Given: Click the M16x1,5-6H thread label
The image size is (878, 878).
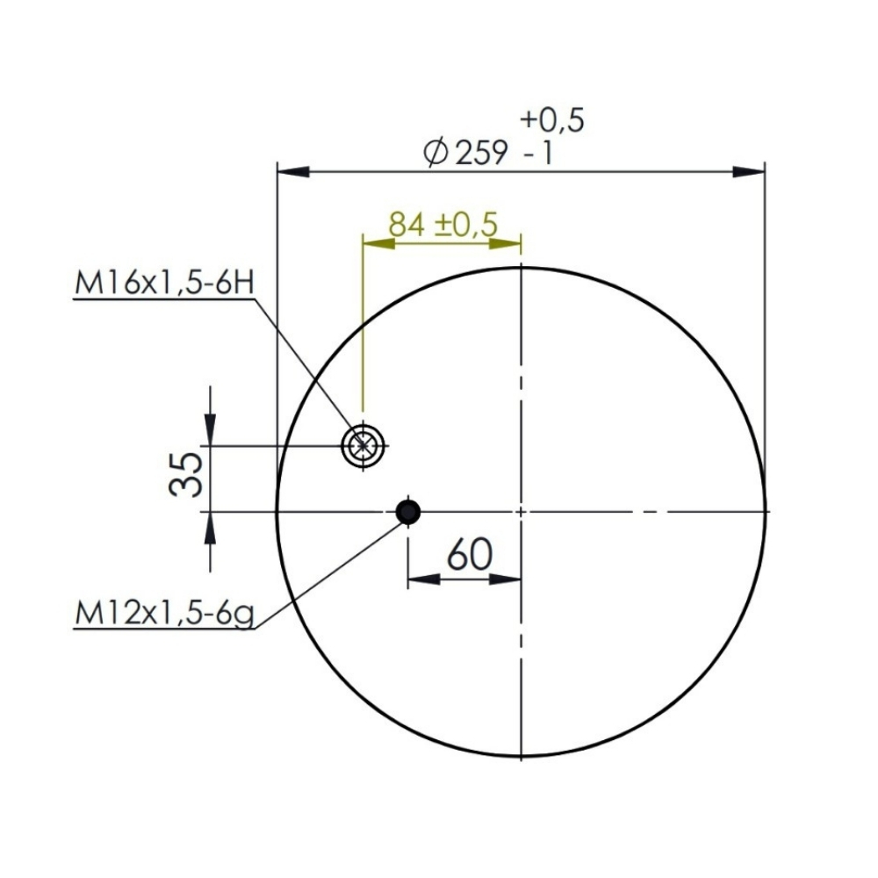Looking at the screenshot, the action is (165, 283).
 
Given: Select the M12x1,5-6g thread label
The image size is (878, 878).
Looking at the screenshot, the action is (165, 615).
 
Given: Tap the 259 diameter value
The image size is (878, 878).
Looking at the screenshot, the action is (481, 153).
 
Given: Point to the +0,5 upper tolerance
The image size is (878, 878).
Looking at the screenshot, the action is (552, 119).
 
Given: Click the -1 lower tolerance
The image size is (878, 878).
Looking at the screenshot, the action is (538, 153).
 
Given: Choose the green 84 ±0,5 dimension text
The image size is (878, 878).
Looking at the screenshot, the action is (443, 224).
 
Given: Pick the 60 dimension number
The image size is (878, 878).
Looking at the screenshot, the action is (470, 554).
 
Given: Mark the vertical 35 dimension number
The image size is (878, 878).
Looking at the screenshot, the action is (185, 475).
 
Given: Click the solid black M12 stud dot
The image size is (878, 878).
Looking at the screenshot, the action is (408, 511).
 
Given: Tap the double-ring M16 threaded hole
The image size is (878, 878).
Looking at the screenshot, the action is (363, 446).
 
